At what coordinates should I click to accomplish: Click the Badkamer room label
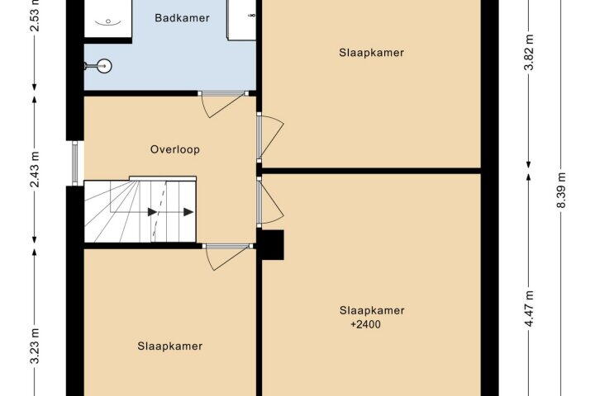click(182, 18)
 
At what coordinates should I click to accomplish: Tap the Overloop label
click(175, 149)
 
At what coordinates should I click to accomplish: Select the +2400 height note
click(365, 324)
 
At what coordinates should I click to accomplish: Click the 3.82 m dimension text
click(529, 52)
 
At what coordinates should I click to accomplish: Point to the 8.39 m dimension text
click(561, 191)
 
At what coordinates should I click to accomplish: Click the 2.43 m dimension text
click(35, 169)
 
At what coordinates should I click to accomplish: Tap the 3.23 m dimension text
click(35, 346)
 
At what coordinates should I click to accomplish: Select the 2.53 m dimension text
click(35, 15)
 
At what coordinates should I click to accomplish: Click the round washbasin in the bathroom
click(103, 66)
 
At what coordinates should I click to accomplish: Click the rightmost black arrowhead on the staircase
click(188, 212)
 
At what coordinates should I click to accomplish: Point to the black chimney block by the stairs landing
click(272, 245)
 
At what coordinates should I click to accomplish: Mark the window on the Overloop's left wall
click(75, 163)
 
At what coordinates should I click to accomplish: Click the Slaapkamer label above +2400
click(372, 311)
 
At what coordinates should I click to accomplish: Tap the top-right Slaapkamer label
click(372, 53)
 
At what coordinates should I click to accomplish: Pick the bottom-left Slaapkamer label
click(170, 346)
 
